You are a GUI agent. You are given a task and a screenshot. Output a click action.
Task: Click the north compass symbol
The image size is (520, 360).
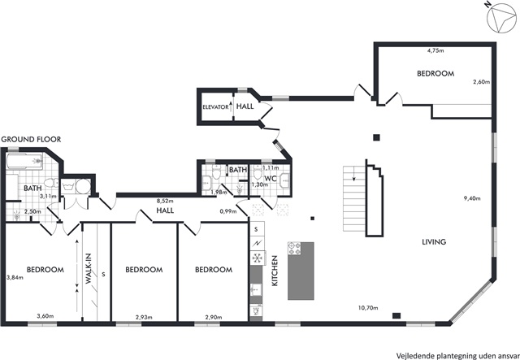tap(500, 18)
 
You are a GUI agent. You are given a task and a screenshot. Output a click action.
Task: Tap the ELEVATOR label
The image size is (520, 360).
tap(215, 106)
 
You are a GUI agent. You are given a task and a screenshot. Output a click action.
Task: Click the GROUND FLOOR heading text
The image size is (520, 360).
tap(32, 139)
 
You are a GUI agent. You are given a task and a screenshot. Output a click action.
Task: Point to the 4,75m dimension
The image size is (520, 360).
tap(435, 50)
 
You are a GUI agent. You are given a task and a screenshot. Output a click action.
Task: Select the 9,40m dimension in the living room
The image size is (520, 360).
tap(472, 199)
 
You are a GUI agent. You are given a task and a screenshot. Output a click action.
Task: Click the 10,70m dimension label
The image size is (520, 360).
tap(368, 308)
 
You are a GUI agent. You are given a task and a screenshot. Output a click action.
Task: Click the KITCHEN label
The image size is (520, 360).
tap(275, 271)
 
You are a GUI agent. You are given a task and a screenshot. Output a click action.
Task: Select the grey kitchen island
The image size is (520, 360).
tap(301, 271)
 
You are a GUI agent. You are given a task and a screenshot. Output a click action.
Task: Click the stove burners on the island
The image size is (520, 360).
tap(295, 249)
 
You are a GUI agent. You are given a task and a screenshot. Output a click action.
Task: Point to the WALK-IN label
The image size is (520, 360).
tap(89, 269)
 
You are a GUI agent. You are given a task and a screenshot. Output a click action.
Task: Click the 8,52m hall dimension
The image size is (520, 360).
tap(165, 201)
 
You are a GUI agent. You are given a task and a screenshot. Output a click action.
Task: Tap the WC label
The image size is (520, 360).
tap(271, 178)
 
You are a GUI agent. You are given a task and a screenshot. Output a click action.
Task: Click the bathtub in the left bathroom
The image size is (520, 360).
tap(24, 162)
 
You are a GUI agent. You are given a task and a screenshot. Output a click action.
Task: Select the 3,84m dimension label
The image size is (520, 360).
tap(15, 278)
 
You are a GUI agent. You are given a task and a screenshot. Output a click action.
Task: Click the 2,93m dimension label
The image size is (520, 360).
tap(144, 317)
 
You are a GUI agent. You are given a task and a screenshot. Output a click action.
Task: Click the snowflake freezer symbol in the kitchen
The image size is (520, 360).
tap(257, 258)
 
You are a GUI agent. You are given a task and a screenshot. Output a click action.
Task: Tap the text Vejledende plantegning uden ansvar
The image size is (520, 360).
tap(457, 354)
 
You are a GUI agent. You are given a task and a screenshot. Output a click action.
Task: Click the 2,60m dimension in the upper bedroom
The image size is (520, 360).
tap(482, 82)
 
